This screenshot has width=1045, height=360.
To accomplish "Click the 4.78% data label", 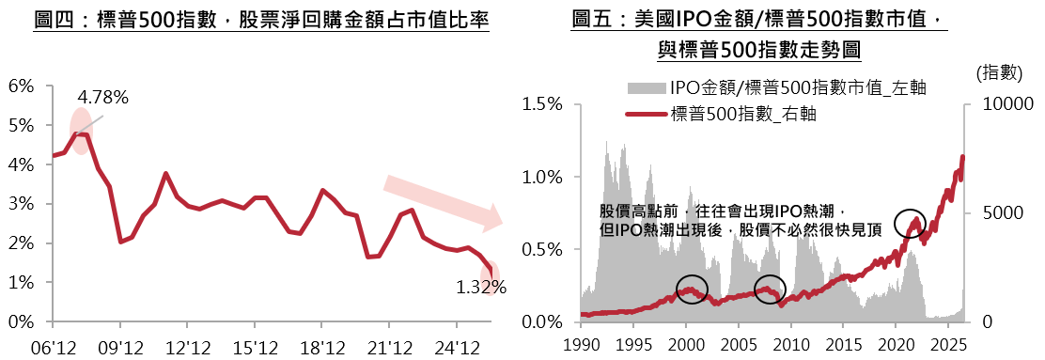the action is (x=102, y=98).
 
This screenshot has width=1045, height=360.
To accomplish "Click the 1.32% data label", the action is (x=481, y=288).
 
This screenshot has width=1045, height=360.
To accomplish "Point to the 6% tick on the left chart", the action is (x=21, y=86).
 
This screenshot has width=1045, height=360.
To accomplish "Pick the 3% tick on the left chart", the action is (x=21, y=204).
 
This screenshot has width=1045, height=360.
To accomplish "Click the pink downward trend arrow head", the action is (x=492, y=216).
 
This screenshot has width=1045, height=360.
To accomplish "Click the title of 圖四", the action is (x=262, y=22).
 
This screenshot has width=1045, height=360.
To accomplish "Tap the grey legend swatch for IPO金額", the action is (x=646, y=87).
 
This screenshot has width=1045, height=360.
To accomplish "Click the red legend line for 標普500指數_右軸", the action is (x=646, y=115).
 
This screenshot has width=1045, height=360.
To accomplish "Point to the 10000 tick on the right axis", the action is (x=1005, y=104).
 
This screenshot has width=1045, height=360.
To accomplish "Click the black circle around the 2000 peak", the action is (x=693, y=274).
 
